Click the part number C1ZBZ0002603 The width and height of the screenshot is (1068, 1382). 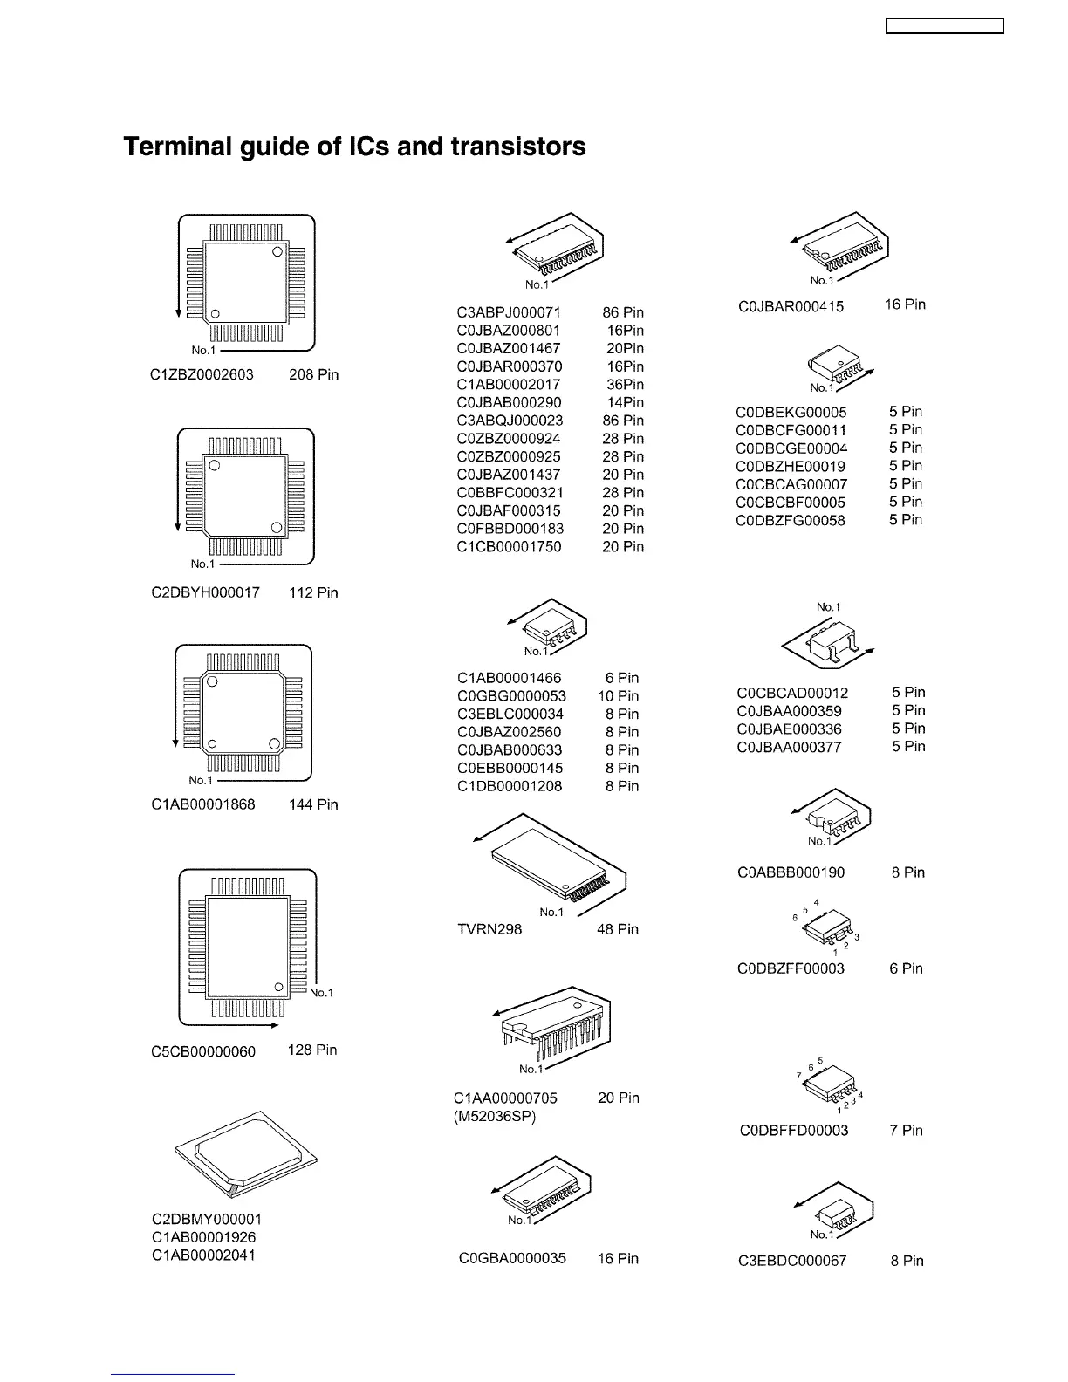click(x=202, y=375)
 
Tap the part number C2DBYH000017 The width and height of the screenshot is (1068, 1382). click(x=205, y=593)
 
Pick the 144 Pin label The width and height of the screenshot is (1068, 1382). click(x=313, y=804)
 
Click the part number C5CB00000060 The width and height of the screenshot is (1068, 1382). click(x=203, y=1051)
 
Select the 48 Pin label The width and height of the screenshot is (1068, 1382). click(x=617, y=929)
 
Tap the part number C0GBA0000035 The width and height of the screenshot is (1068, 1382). click(x=512, y=1259)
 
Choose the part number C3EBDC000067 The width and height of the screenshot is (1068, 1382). click(x=792, y=1261)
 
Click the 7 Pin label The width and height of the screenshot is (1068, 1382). click(x=907, y=1131)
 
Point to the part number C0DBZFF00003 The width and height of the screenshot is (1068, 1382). click(x=791, y=968)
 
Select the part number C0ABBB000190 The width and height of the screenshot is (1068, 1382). click(x=791, y=872)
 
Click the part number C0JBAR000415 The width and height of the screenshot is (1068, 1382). click(x=791, y=306)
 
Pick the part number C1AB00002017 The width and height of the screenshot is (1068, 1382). click(x=509, y=385)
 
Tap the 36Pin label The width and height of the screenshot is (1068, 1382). click(x=625, y=385)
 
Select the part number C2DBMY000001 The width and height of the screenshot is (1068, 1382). click(x=207, y=1219)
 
